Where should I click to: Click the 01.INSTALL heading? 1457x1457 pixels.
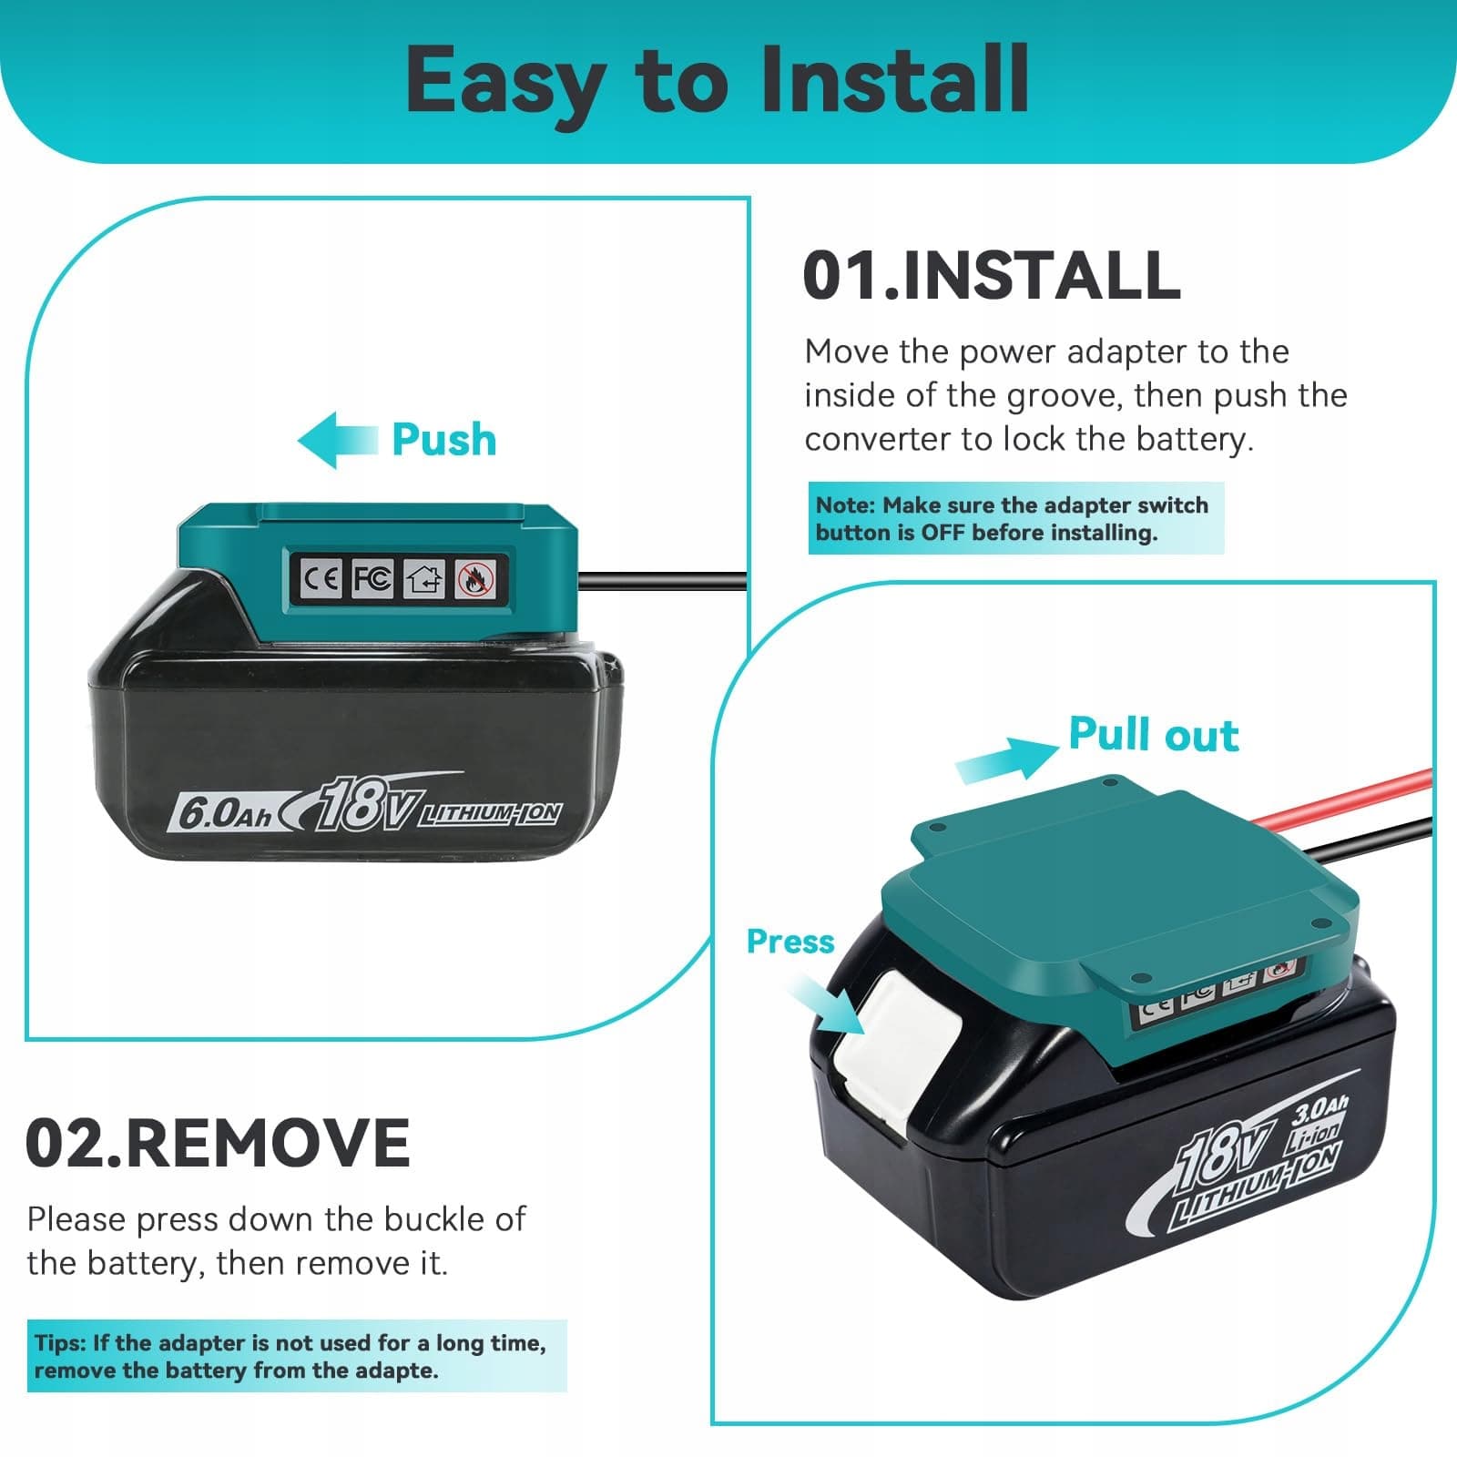pos(992,275)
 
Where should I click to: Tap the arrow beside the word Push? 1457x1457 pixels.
pos(338,441)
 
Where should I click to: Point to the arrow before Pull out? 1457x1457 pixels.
pos(1007,758)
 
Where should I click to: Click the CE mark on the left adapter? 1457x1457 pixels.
pos(321,577)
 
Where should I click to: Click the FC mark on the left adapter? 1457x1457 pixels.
pos(372,577)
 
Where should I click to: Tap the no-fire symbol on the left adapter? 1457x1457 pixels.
pos(476,578)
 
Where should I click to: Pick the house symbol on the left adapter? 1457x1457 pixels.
pos(424,578)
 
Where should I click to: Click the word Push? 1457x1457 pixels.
pos(444,440)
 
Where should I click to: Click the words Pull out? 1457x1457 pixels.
pos(1154,735)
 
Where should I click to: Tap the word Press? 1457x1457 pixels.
pos(790,942)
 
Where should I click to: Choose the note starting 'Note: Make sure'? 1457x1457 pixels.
pos(1016,518)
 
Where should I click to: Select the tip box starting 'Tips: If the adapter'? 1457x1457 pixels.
pos(297,1356)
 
